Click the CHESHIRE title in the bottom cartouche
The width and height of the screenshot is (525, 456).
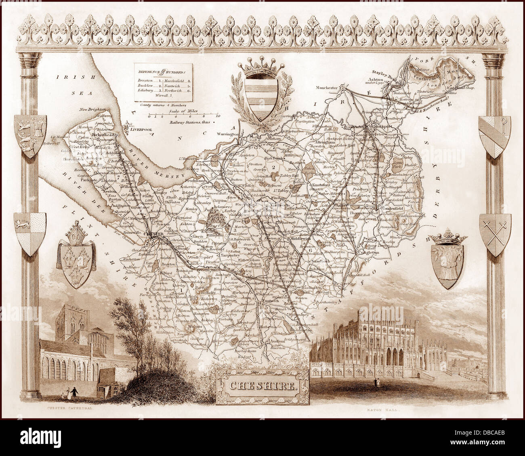(263, 385)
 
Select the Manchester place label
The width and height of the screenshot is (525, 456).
(327, 87)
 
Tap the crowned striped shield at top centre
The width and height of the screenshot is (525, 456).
(261, 94)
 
